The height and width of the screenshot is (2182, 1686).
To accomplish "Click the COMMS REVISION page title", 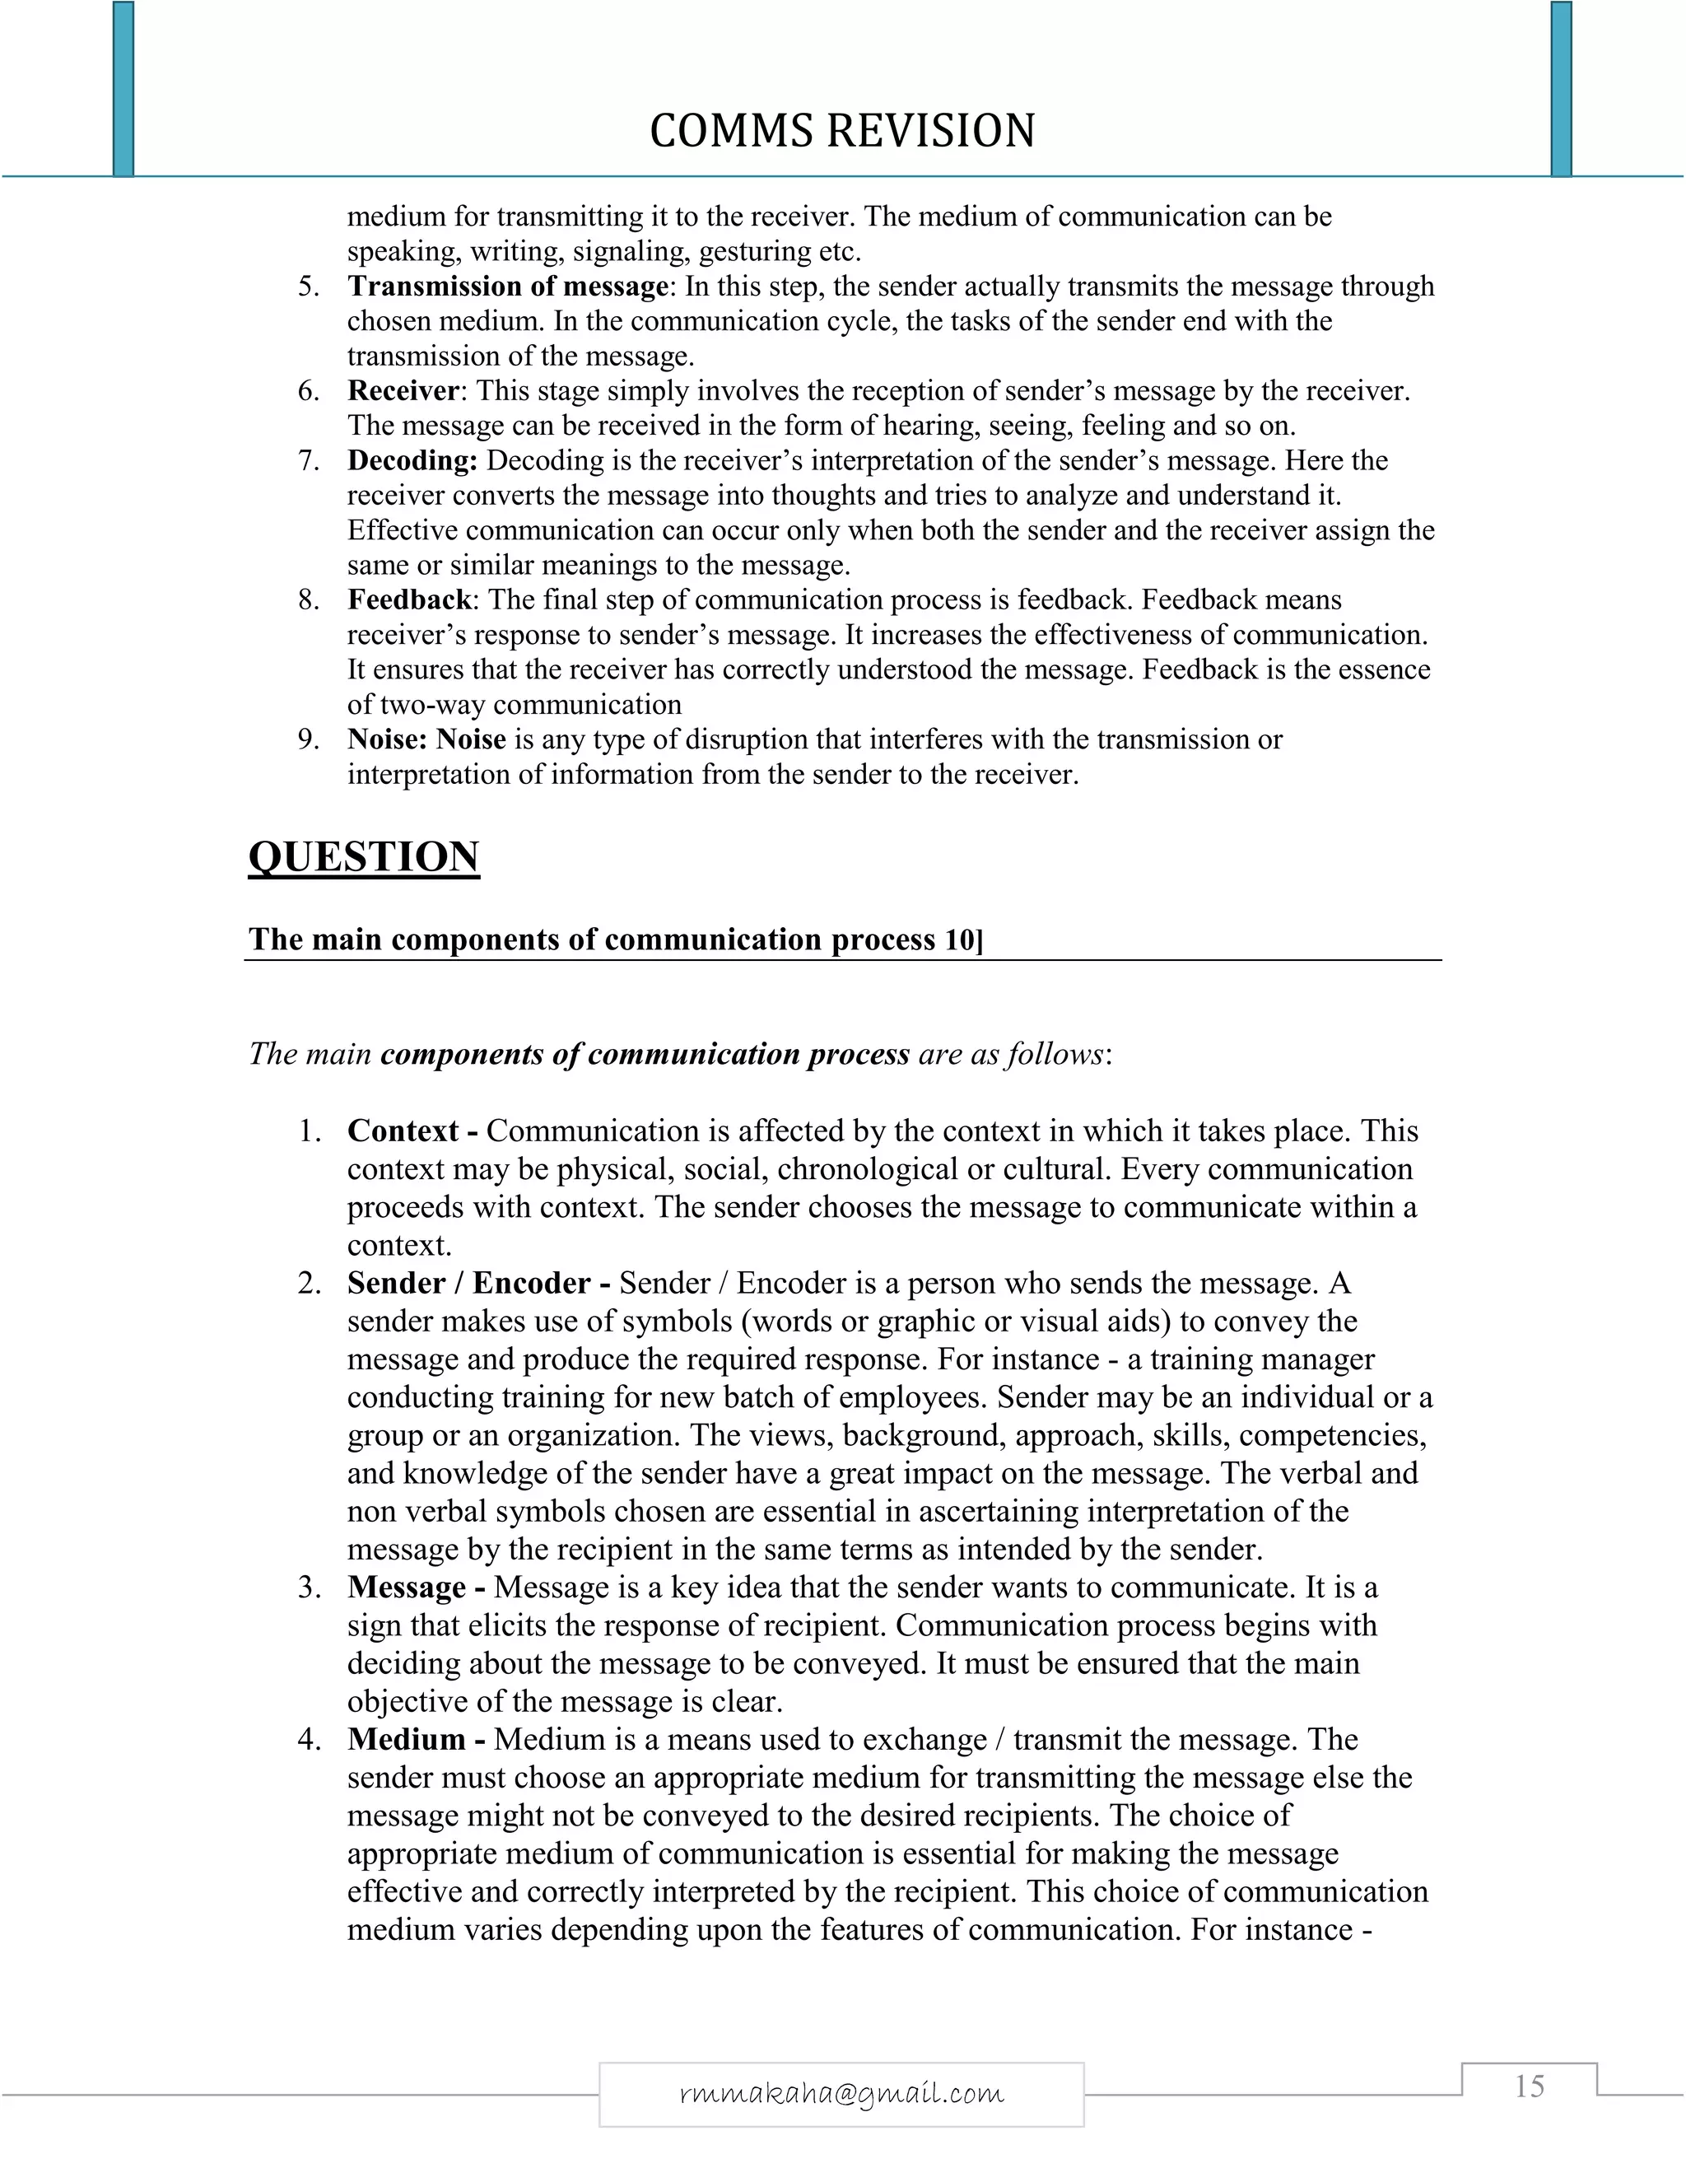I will point(842,131).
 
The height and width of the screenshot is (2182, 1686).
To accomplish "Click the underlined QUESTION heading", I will point(364,857).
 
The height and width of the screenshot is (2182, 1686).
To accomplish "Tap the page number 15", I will point(1530,2086).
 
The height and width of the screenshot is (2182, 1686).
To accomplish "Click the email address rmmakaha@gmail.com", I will point(841,2092).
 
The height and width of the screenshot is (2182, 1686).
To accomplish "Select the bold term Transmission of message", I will point(507,287).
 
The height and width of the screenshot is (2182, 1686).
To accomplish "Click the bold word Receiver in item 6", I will point(403,390).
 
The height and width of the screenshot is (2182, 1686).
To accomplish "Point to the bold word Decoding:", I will point(412,460).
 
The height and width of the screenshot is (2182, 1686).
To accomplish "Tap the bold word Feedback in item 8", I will point(408,599).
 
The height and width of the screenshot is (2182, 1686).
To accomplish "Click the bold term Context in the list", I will point(403,1131).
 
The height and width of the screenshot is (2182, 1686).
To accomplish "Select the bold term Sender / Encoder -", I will point(478,1283).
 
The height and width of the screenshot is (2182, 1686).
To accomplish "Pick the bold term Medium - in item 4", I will point(416,1739).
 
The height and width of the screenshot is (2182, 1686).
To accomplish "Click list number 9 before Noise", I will point(309,739).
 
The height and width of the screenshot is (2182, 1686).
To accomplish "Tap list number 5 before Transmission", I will point(309,287).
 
